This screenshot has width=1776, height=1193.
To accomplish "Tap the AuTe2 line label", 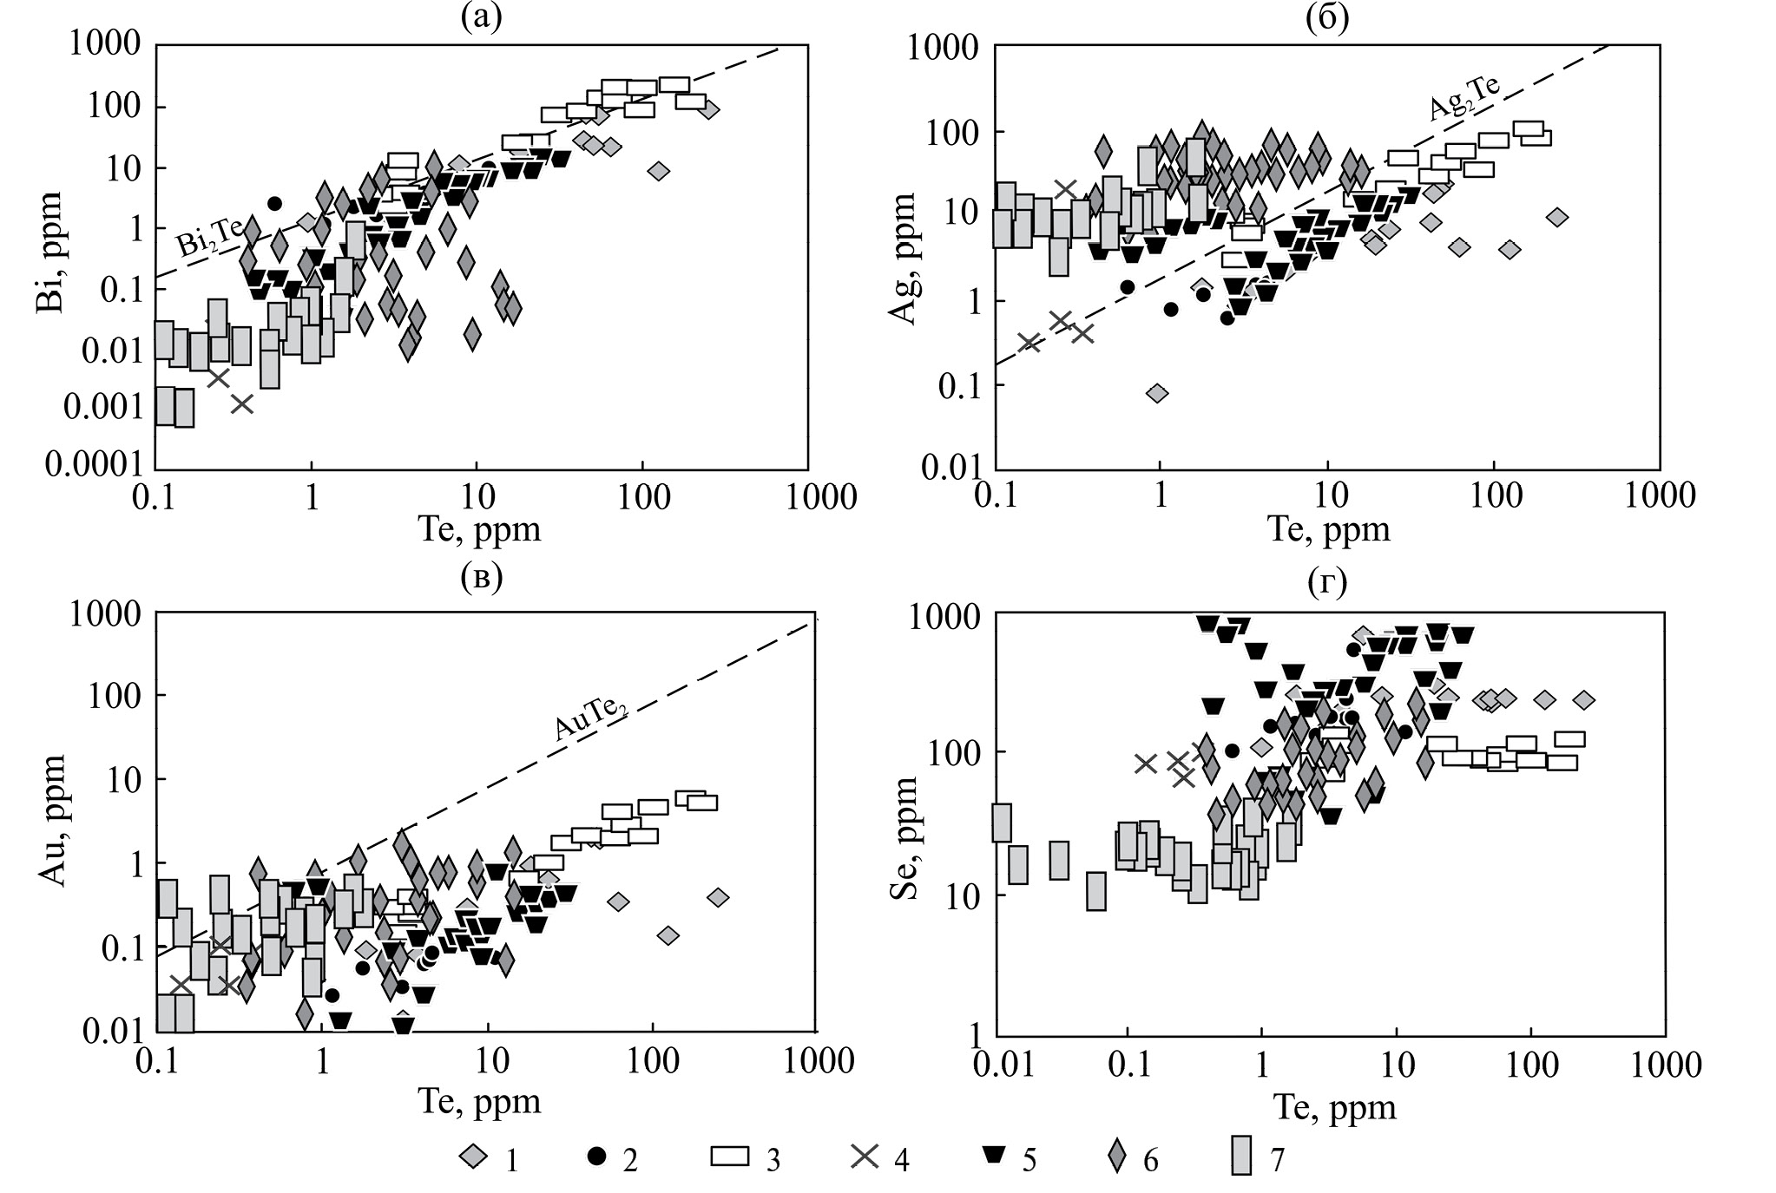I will click(x=591, y=718).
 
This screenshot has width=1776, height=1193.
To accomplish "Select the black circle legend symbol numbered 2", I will click(x=596, y=1156).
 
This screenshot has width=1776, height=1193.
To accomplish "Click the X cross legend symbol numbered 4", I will click(x=864, y=1156).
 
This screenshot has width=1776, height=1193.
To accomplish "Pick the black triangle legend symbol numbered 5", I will click(x=994, y=1156).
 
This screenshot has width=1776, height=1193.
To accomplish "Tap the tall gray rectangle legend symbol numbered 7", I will click(x=1243, y=1156).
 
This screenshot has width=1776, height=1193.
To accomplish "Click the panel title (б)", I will click(x=1327, y=16).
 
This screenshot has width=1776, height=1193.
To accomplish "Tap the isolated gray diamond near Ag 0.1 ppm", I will click(x=1156, y=394).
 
